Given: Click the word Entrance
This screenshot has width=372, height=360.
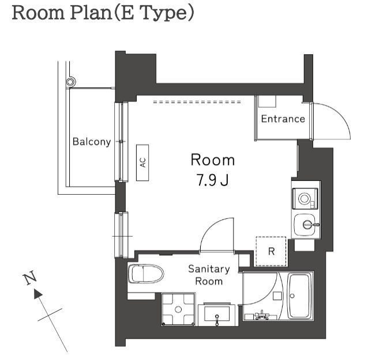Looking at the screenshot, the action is (283, 119).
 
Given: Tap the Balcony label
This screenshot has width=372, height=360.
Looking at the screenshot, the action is (92, 142).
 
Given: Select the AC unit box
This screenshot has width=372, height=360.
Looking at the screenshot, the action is (142, 162).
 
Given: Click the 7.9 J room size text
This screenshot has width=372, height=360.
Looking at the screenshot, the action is (213, 180).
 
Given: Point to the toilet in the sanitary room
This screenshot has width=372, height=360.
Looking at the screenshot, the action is (146, 274).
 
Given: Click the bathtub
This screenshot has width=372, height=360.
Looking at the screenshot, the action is (299, 295).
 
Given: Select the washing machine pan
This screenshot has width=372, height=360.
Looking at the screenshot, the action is (178, 309).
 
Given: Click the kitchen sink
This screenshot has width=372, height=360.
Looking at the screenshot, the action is (306, 225).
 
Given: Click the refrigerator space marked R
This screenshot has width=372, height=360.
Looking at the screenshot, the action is (271, 251).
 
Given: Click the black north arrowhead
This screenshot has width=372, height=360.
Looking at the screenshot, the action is (38, 294).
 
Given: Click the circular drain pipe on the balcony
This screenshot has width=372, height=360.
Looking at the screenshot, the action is (70, 82).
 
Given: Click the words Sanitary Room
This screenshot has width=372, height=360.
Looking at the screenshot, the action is (209, 275).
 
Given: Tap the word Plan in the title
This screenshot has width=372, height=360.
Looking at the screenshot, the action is (91, 13).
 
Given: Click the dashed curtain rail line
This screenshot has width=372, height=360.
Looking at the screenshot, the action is (197, 102).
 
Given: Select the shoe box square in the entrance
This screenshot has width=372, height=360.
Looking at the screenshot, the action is (267, 101).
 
